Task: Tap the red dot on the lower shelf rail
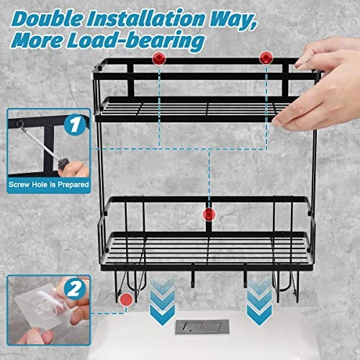click(208, 214)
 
